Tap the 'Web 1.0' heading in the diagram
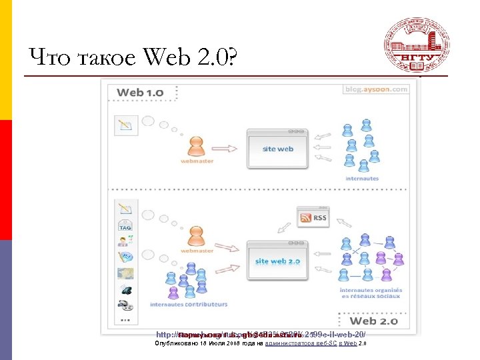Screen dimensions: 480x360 (140, 92)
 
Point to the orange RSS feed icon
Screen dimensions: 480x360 (307, 217)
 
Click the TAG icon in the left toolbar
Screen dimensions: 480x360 (125, 225)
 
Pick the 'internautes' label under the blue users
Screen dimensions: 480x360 (362, 179)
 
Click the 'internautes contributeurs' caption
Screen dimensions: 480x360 (189, 305)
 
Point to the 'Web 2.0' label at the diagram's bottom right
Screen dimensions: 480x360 (373, 321)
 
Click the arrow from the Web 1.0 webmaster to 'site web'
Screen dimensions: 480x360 (227, 146)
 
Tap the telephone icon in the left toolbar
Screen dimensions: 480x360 (125, 289)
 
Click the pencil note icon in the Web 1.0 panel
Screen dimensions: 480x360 (125, 124)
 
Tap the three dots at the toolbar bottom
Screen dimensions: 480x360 (125, 320)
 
